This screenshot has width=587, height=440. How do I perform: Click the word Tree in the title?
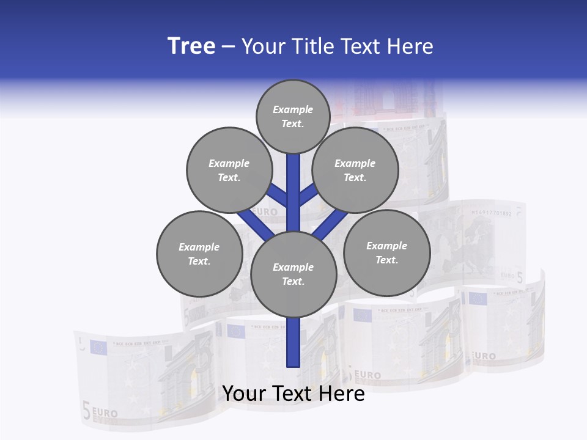coord(191,46)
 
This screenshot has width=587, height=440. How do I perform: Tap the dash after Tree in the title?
coord(229,47)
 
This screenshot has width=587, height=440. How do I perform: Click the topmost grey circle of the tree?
coord(293,116)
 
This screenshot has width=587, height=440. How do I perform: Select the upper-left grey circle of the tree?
coord(229,170)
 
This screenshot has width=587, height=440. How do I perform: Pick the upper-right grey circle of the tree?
coord(355,170)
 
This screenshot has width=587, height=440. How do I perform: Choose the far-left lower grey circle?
coord(199,254)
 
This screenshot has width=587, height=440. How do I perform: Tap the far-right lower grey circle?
coord(386,252)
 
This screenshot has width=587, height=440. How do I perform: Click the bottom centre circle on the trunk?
coord(293,274)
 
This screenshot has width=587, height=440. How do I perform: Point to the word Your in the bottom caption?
coord(245,394)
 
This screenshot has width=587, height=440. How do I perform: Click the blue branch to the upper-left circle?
coord(279,196)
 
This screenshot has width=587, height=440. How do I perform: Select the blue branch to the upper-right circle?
coord(308,196)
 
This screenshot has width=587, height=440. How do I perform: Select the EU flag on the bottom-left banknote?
coord(98,348)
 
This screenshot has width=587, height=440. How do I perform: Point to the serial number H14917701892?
coord(491,213)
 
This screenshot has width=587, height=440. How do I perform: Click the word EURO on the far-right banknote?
coord(484,356)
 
